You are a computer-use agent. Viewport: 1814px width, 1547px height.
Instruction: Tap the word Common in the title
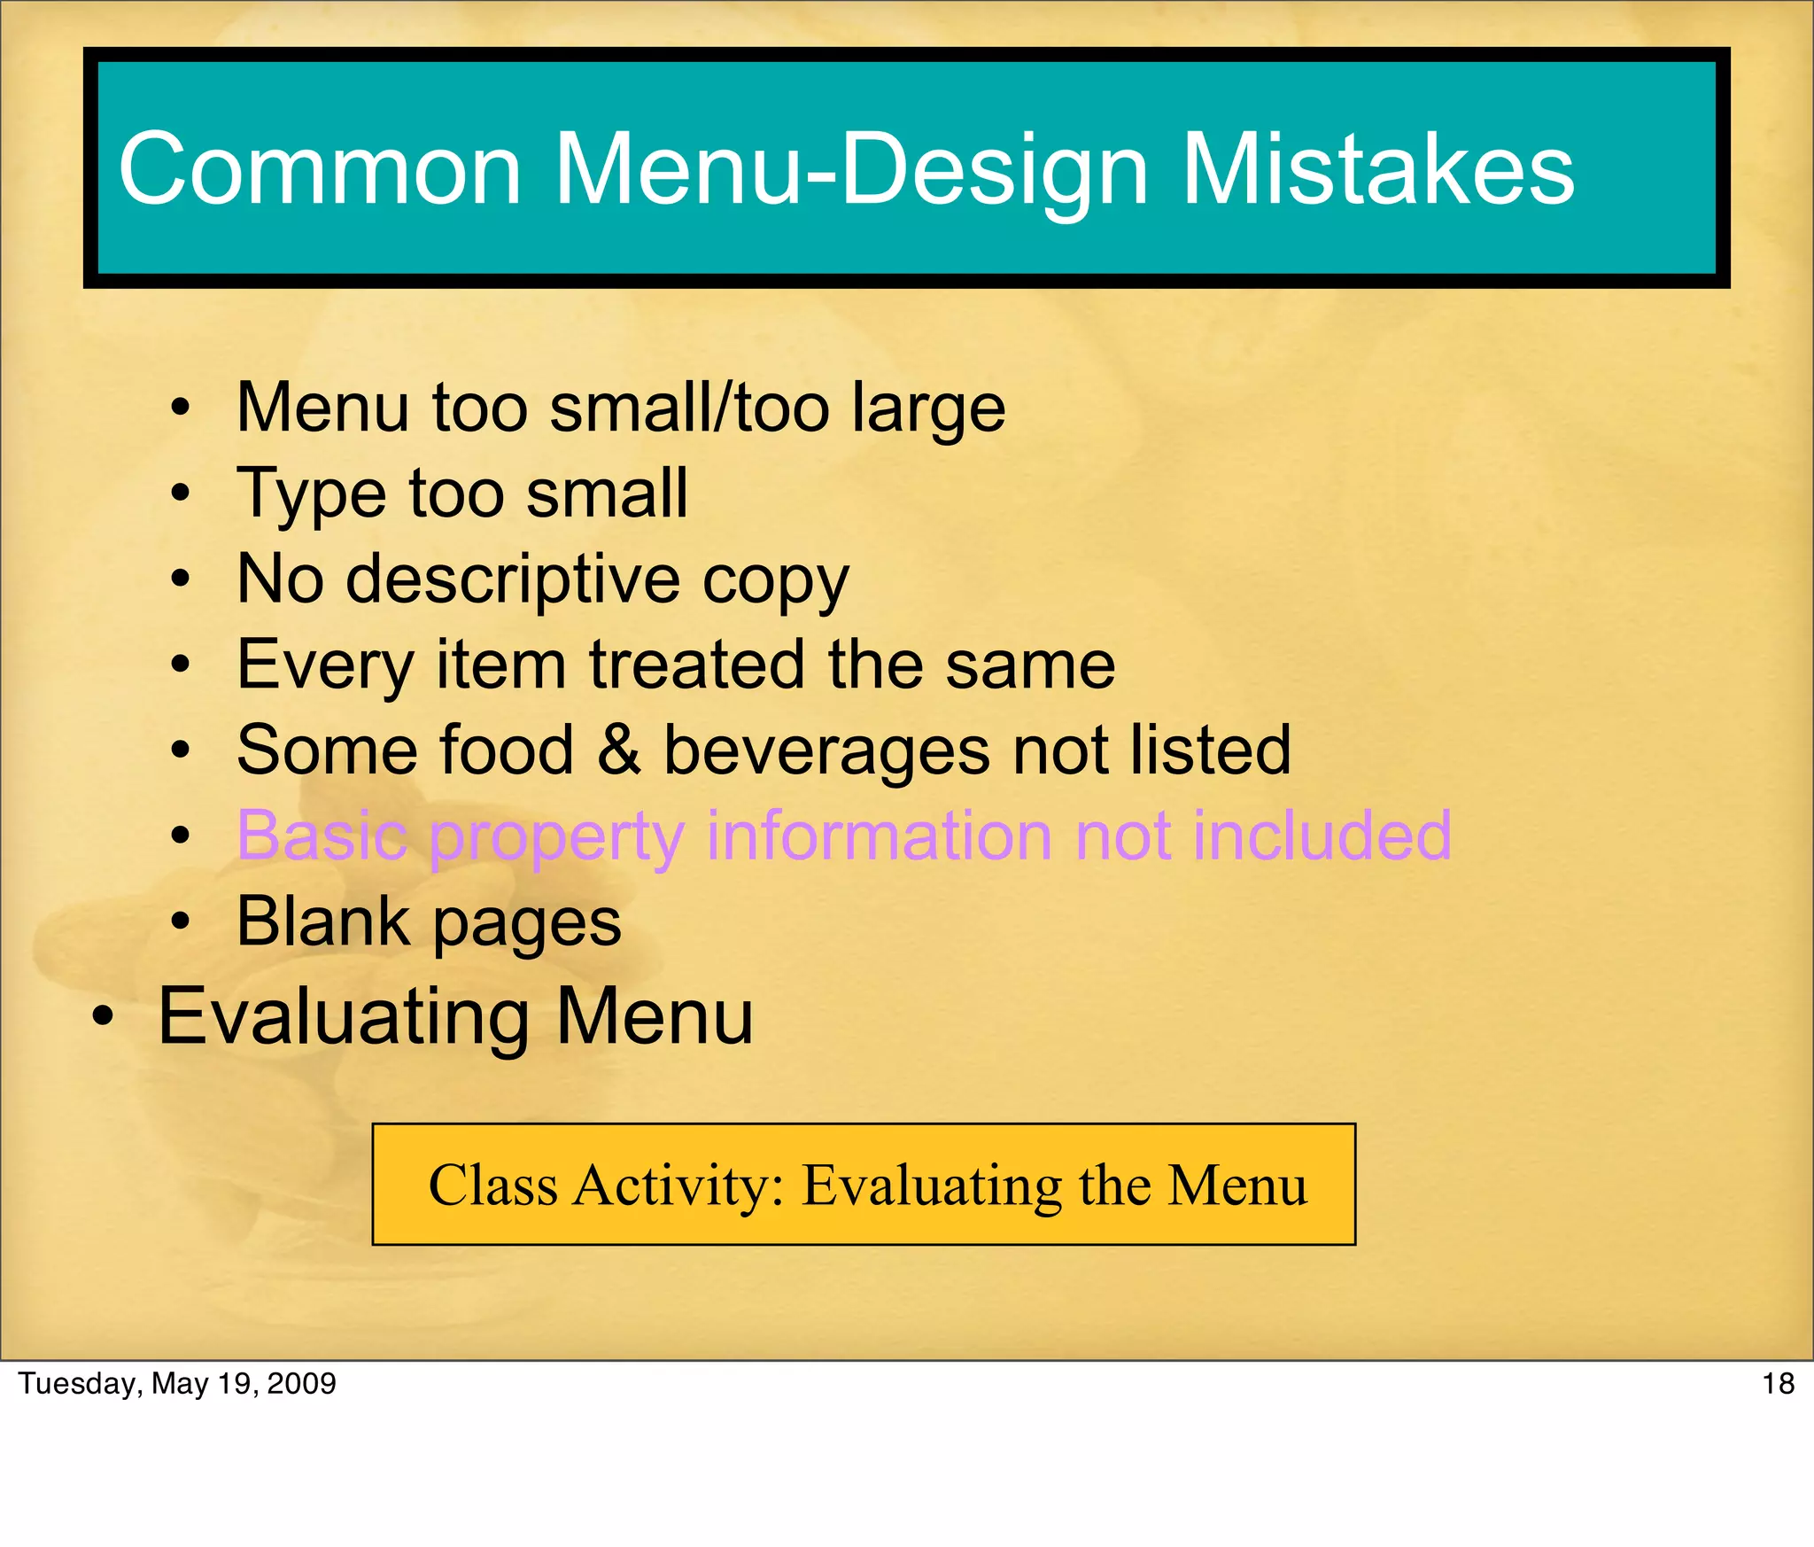pyautogui.click(x=320, y=168)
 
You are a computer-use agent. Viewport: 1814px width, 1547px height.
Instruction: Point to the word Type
pyautogui.click(x=312, y=494)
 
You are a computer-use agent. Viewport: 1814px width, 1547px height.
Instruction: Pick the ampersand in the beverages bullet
pyautogui.click(x=618, y=750)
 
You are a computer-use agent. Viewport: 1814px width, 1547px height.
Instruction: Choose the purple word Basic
pyautogui.click(x=322, y=835)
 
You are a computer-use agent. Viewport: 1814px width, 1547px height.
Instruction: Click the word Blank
pyautogui.click(x=323, y=921)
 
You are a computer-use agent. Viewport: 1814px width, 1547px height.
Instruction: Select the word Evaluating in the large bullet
pyautogui.click(x=345, y=1017)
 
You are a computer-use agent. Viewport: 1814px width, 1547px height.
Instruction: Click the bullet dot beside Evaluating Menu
pyautogui.click(x=103, y=1019)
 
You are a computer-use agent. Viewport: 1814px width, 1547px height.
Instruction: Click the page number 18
pyautogui.click(x=1778, y=1384)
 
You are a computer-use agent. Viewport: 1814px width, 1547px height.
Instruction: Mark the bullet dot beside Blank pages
pyautogui.click(x=181, y=921)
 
